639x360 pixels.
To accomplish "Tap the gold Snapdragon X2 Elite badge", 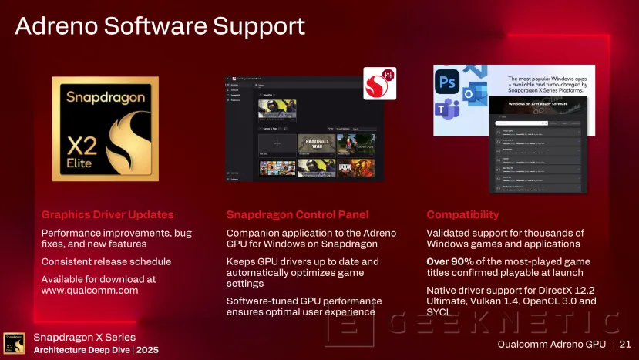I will pyautogui.click(x=105, y=129).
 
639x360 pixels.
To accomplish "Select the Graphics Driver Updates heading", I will pyautogui.click(x=107, y=214).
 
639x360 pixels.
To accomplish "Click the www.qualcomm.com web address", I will pyautogui.click(x=89, y=291).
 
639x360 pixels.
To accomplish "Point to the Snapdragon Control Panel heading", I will pyautogui.click(x=298, y=214).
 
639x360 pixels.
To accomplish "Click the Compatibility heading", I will pyautogui.click(x=462, y=214).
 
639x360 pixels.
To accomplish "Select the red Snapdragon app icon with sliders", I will pyautogui.click(x=379, y=83).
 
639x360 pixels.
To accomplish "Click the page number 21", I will pyautogui.click(x=624, y=343).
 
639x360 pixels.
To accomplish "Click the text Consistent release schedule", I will pyautogui.click(x=106, y=261).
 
